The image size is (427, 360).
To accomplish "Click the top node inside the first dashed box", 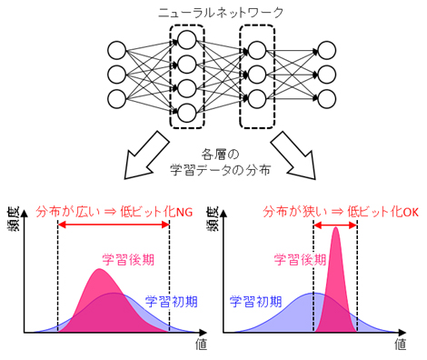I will [x=187, y=40].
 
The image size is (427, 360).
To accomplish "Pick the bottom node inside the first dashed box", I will [x=187, y=112].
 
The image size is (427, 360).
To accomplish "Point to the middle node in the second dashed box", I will [x=257, y=73].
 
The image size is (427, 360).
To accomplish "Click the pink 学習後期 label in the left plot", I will [x=128, y=258].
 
